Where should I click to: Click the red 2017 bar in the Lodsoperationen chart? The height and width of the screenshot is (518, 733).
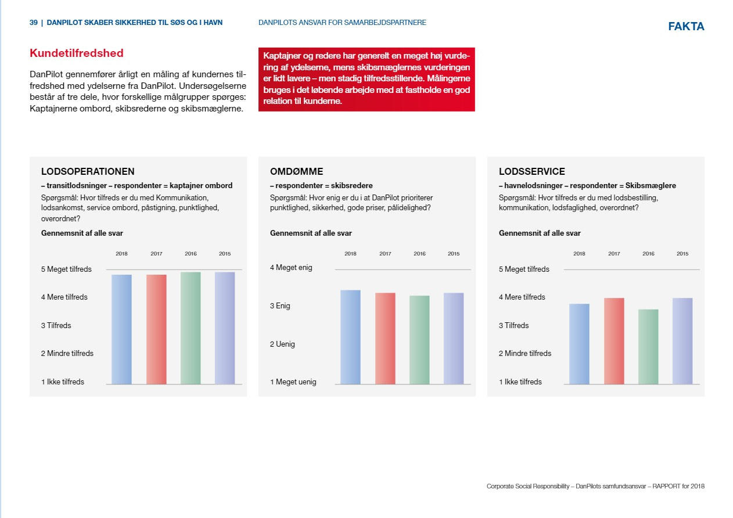[x=156, y=329]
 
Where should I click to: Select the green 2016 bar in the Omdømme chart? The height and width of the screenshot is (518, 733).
[x=419, y=340]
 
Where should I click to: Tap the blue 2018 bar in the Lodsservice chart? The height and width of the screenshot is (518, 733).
[x=579, y=344]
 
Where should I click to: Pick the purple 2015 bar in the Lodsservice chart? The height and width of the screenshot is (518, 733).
[x=682, y=341]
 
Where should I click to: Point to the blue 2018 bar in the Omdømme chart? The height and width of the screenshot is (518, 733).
[x=350, y=337]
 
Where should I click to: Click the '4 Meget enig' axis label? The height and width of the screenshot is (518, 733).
[x=291, y=268]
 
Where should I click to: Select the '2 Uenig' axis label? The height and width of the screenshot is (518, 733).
[x=282, y=344]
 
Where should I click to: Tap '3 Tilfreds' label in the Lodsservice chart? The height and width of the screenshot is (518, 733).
[x=514, y=326]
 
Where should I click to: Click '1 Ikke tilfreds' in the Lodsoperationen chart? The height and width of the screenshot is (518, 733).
[x=63, y=382]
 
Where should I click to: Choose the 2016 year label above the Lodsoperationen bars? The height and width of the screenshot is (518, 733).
[x=191, y=254]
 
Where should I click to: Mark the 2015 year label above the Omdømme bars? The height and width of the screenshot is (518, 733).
[x=454, y=254]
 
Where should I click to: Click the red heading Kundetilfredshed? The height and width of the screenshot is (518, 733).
[x=77, y=53]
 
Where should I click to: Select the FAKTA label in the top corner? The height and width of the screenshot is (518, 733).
[x=686, y=26]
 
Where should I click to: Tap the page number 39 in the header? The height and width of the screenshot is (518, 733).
[x=33, y=23]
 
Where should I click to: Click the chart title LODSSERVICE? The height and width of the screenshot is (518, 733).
[x=532, y=171]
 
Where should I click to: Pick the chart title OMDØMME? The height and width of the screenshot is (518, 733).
[x=296, y=171]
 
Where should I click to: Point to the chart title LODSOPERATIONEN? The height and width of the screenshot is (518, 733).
[x=88, y=171]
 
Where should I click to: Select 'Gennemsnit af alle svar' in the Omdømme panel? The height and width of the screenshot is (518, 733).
[x=311, y=233]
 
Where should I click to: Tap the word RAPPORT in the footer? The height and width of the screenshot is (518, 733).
[x=666, y=486]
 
